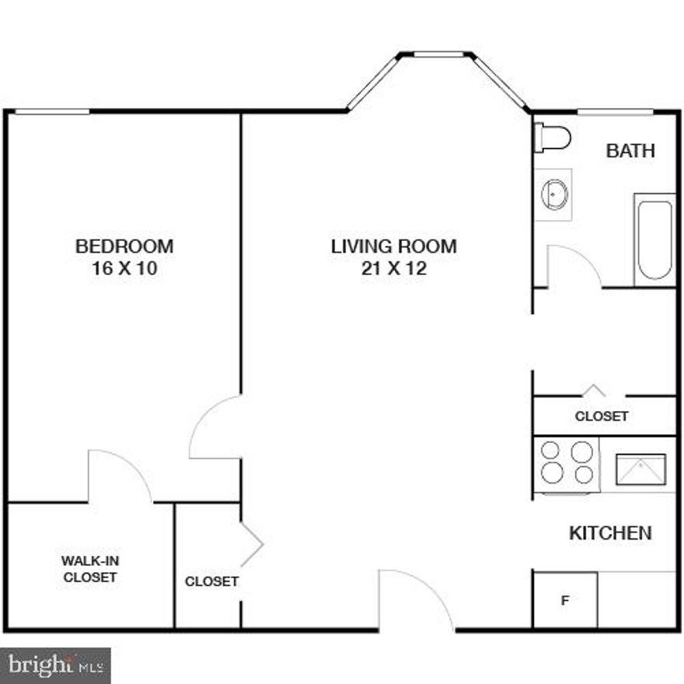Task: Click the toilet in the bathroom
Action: [553, 139]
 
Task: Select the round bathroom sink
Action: [554, 194]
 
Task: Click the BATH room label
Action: [630, 151]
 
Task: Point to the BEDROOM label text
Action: [124, 246]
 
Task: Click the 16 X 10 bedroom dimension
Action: [124, 270]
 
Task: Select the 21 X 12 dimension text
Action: [394, 270]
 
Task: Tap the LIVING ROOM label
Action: [394, 246]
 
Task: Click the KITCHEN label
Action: [610, 533]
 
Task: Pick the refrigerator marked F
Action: [565, 600]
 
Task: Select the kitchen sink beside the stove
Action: [641, 469]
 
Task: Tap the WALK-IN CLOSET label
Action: [90, 568]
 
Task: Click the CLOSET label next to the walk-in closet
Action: [211, 581]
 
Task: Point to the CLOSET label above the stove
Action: [602, 417]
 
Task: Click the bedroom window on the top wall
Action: [52, 113]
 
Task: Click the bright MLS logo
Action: [55, 665]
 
